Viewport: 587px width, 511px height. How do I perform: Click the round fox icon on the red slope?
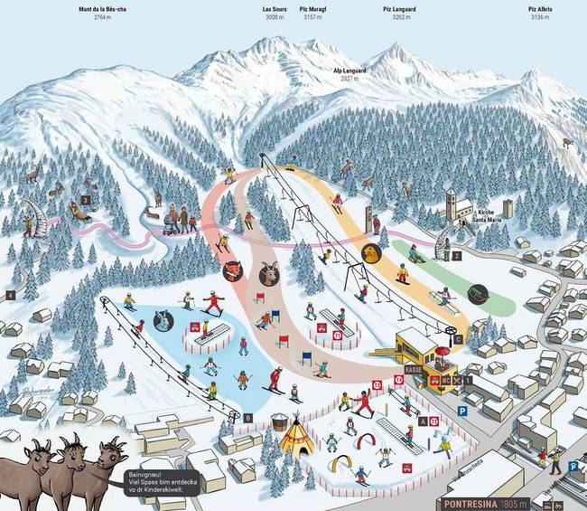pyautogui.click(x=232, y=270)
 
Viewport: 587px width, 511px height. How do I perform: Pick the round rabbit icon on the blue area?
pyautogui.click(x=163, y=317)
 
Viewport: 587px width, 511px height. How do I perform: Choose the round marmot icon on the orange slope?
pyautogui.click(x=370, y=251)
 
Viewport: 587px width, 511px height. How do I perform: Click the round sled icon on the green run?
pyautogui.click(x=478, y=292)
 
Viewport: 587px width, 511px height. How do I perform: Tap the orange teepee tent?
pyautogui.click(x=293, y=437)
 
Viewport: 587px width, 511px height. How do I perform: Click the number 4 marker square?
pyautogui.click(x=11, y=295)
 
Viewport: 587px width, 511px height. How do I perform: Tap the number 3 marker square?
pyautogui.click(x=86, y=201)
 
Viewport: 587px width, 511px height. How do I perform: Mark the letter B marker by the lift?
pyautogui.click(x=247, y=417)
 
